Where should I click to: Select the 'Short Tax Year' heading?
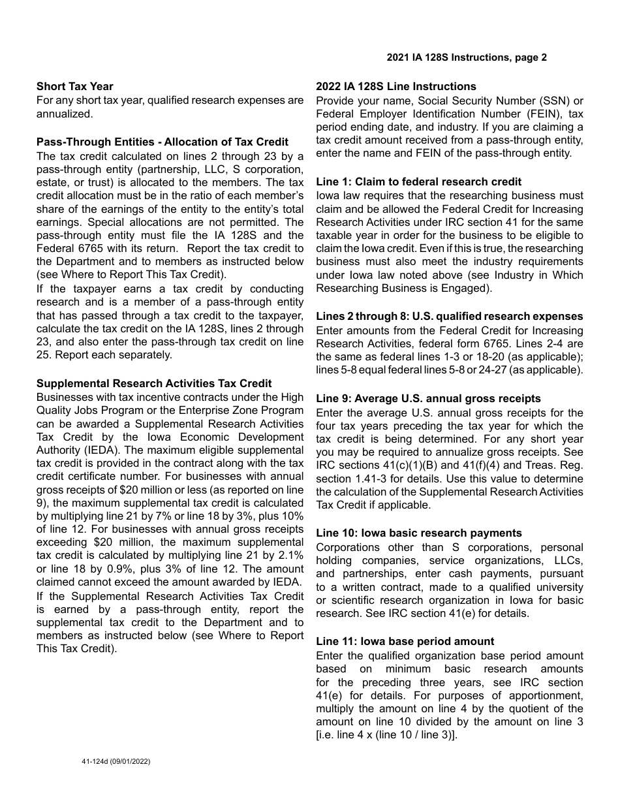point(74,86)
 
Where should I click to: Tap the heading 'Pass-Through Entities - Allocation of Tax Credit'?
point(163,142)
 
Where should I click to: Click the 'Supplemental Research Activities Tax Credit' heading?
point(154,383)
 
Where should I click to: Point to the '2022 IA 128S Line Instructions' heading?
point(396,86)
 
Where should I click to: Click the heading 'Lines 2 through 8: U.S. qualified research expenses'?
point(450,316)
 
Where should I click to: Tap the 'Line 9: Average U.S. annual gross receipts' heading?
point(428,398)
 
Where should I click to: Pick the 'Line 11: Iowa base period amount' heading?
point(405,641)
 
